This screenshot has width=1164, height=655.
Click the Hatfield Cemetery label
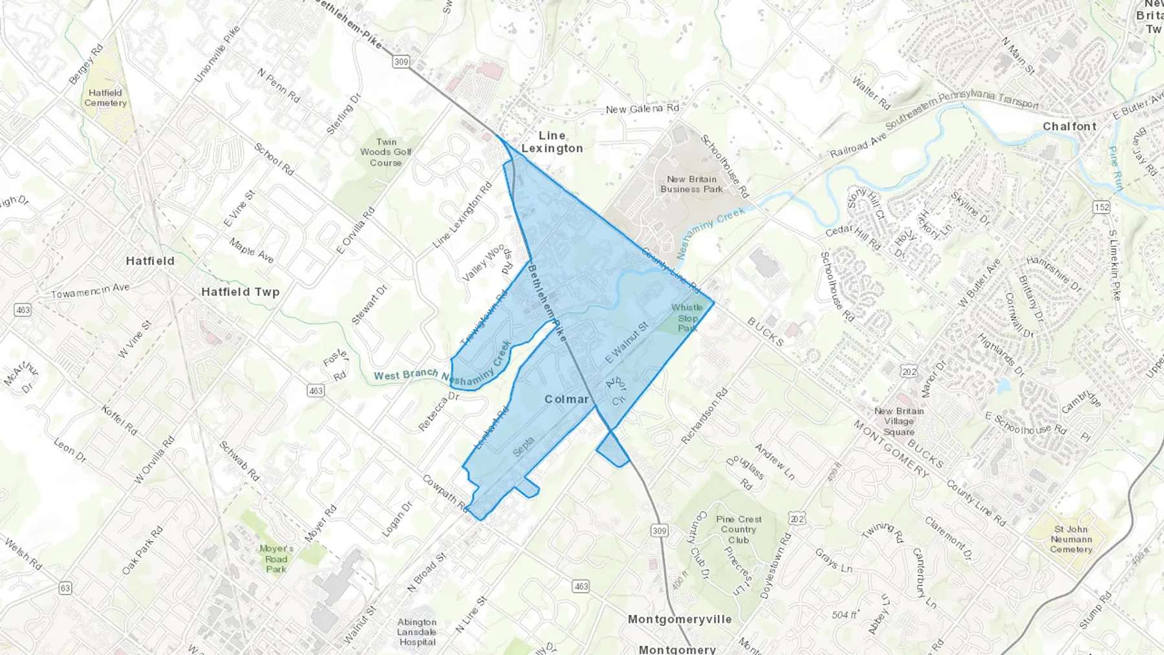(105, 98)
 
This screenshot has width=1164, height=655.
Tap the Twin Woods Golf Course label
(386, 152)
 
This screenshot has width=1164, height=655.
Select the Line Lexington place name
(552, 142)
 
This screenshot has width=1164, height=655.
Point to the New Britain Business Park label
(692, 184)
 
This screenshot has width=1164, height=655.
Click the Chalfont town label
(1070, 127)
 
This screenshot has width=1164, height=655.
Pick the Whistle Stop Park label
(687, 317)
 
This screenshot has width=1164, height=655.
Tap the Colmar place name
(567, 399)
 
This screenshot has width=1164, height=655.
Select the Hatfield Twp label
(241, 292)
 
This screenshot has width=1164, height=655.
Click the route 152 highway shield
(1102, 208)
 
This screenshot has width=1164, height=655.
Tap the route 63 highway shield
(65, 588)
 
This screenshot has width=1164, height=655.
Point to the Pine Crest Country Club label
(738, 530)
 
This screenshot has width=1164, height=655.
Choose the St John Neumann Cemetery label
(1071, 539)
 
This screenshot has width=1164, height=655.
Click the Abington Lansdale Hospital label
(417, 632)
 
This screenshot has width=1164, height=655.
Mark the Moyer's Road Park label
(276, 559)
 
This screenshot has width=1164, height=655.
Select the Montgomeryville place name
(680, 619)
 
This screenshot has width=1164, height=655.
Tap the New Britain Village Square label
(899, 421)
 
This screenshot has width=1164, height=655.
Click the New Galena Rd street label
(642, 109)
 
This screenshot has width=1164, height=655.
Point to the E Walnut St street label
(626, 343)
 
